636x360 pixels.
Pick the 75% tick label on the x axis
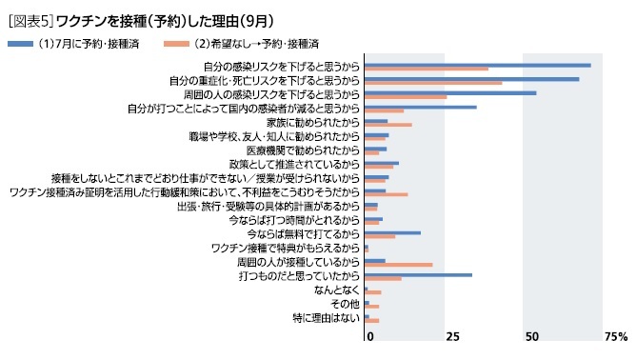point(615,337)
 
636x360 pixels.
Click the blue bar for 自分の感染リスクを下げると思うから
point(477,65)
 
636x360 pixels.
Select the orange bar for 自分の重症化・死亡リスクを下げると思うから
point(433,83)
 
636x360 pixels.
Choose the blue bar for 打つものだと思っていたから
point(418,274)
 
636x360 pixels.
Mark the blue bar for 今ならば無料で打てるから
point(392,232)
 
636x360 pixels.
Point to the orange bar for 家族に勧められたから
point(388,125)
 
